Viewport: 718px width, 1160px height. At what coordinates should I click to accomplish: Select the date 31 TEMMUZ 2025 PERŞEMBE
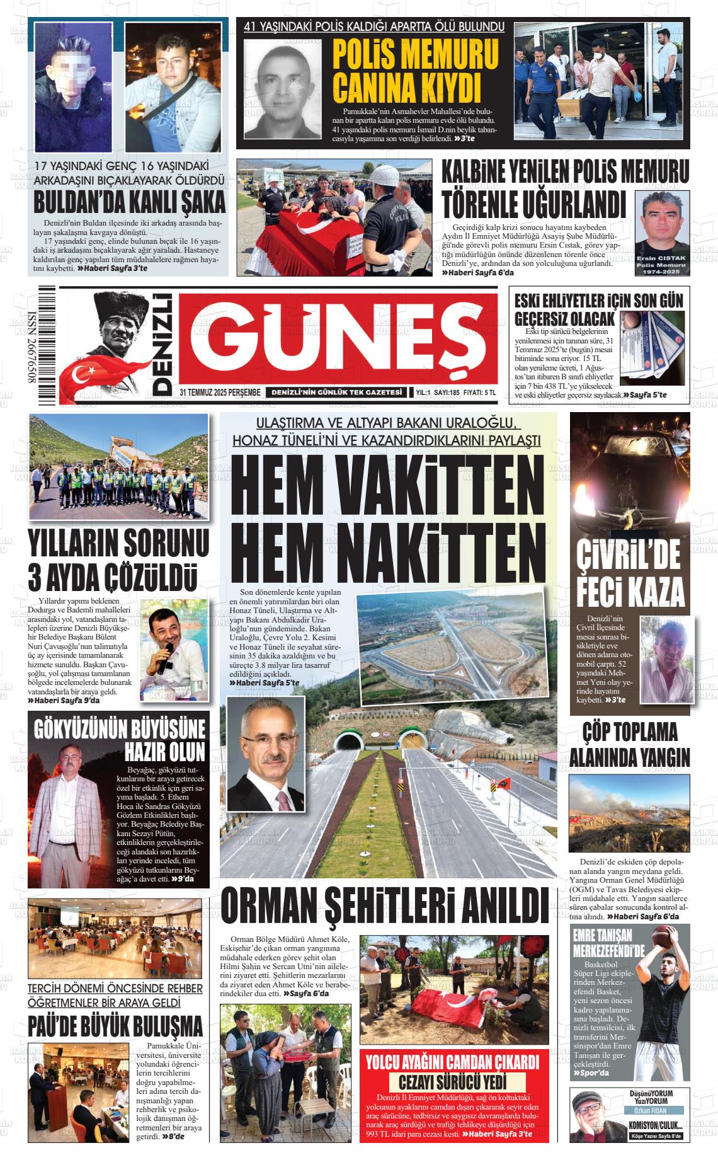point(220,393)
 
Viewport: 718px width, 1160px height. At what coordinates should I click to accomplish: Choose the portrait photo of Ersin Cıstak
point(661,233)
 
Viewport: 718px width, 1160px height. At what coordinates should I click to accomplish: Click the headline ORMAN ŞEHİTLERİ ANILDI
point(385,906)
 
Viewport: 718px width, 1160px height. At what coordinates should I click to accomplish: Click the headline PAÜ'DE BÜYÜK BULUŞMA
point(115,1026)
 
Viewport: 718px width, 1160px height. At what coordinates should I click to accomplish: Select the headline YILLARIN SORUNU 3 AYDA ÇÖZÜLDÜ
point(118,561)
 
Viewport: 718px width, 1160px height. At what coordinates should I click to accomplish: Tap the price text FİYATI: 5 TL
point(479,393)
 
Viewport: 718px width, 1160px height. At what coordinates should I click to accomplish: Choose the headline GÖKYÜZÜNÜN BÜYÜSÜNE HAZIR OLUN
point(120,740)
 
